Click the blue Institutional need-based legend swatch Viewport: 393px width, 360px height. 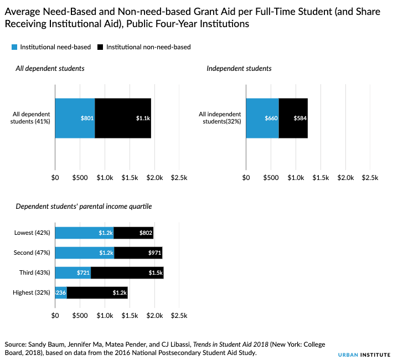point(14,47)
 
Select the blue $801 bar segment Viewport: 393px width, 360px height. point(75,118)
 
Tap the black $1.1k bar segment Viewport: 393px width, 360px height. point(123,118)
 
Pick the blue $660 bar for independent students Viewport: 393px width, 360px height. point(262,118)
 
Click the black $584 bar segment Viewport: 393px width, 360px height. point(293,118)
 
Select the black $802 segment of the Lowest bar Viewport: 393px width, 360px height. point(133,233)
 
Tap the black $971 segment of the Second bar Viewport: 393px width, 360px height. point(138,253)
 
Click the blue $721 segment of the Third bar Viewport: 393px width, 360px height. point(73,273)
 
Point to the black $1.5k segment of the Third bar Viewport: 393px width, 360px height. point(127,273)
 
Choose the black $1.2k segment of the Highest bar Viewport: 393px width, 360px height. point(97,292)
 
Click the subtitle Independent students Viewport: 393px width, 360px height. point(239,69)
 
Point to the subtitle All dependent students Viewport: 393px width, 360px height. point(50,69)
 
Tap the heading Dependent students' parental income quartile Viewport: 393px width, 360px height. point(84,207)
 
